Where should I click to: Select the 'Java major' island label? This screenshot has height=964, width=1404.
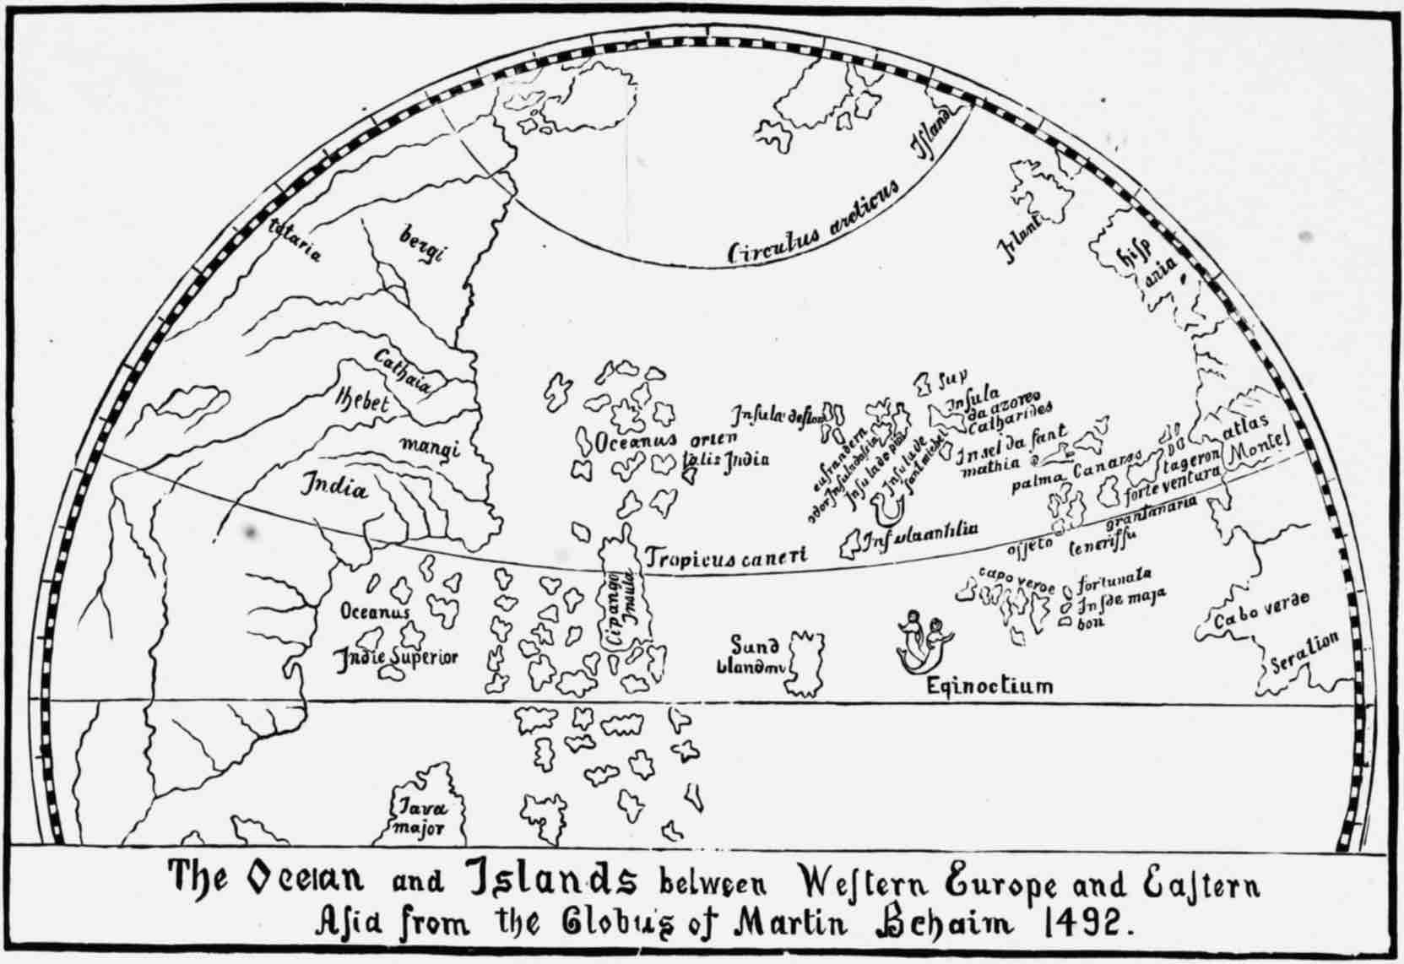pyautogui.click(x=420, y=818)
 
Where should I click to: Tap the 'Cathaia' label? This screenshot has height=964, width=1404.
pyautogui.click(x=403, y=372)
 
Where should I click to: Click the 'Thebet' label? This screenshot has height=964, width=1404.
pyautogui.click(x=362, y=400)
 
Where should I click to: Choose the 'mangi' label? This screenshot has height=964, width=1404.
pyautogui.click(x=430, y=447)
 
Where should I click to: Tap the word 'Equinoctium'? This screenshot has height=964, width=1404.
pyautogui.click(x=989, y=685)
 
